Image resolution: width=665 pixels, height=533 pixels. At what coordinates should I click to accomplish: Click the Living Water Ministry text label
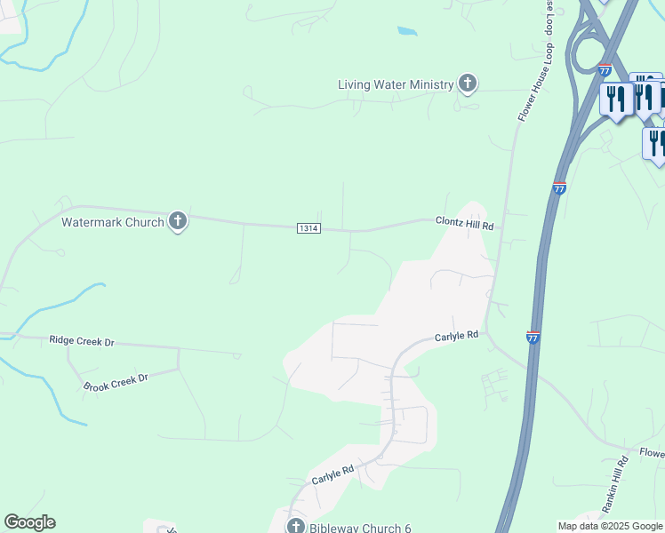coord(396,85)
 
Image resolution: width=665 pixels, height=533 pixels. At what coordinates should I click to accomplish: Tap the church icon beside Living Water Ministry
coord(468,84)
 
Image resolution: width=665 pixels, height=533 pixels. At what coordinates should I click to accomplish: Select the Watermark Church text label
coord(112,222)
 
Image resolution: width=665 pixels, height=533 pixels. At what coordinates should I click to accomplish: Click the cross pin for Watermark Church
coord(178,221)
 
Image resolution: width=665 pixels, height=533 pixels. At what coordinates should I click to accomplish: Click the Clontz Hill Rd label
coord(464,224)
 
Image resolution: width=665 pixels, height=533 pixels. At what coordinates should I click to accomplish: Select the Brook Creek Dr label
coord(115,382)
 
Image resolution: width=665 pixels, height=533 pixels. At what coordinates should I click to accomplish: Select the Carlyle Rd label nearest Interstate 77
coord(457,336)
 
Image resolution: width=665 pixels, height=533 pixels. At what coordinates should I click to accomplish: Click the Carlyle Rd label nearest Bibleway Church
coord(332,475)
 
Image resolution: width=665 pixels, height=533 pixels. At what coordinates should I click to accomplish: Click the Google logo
coord(29,522)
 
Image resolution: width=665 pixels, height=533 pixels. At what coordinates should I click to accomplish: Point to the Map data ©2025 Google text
coord(610,526)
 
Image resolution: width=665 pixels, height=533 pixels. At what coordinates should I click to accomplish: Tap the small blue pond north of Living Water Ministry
coord(406,31)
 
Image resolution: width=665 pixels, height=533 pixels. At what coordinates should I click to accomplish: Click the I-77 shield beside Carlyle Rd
coord(532,338)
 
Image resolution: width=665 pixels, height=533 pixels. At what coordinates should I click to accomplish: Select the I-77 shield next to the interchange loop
coord(605,70)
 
